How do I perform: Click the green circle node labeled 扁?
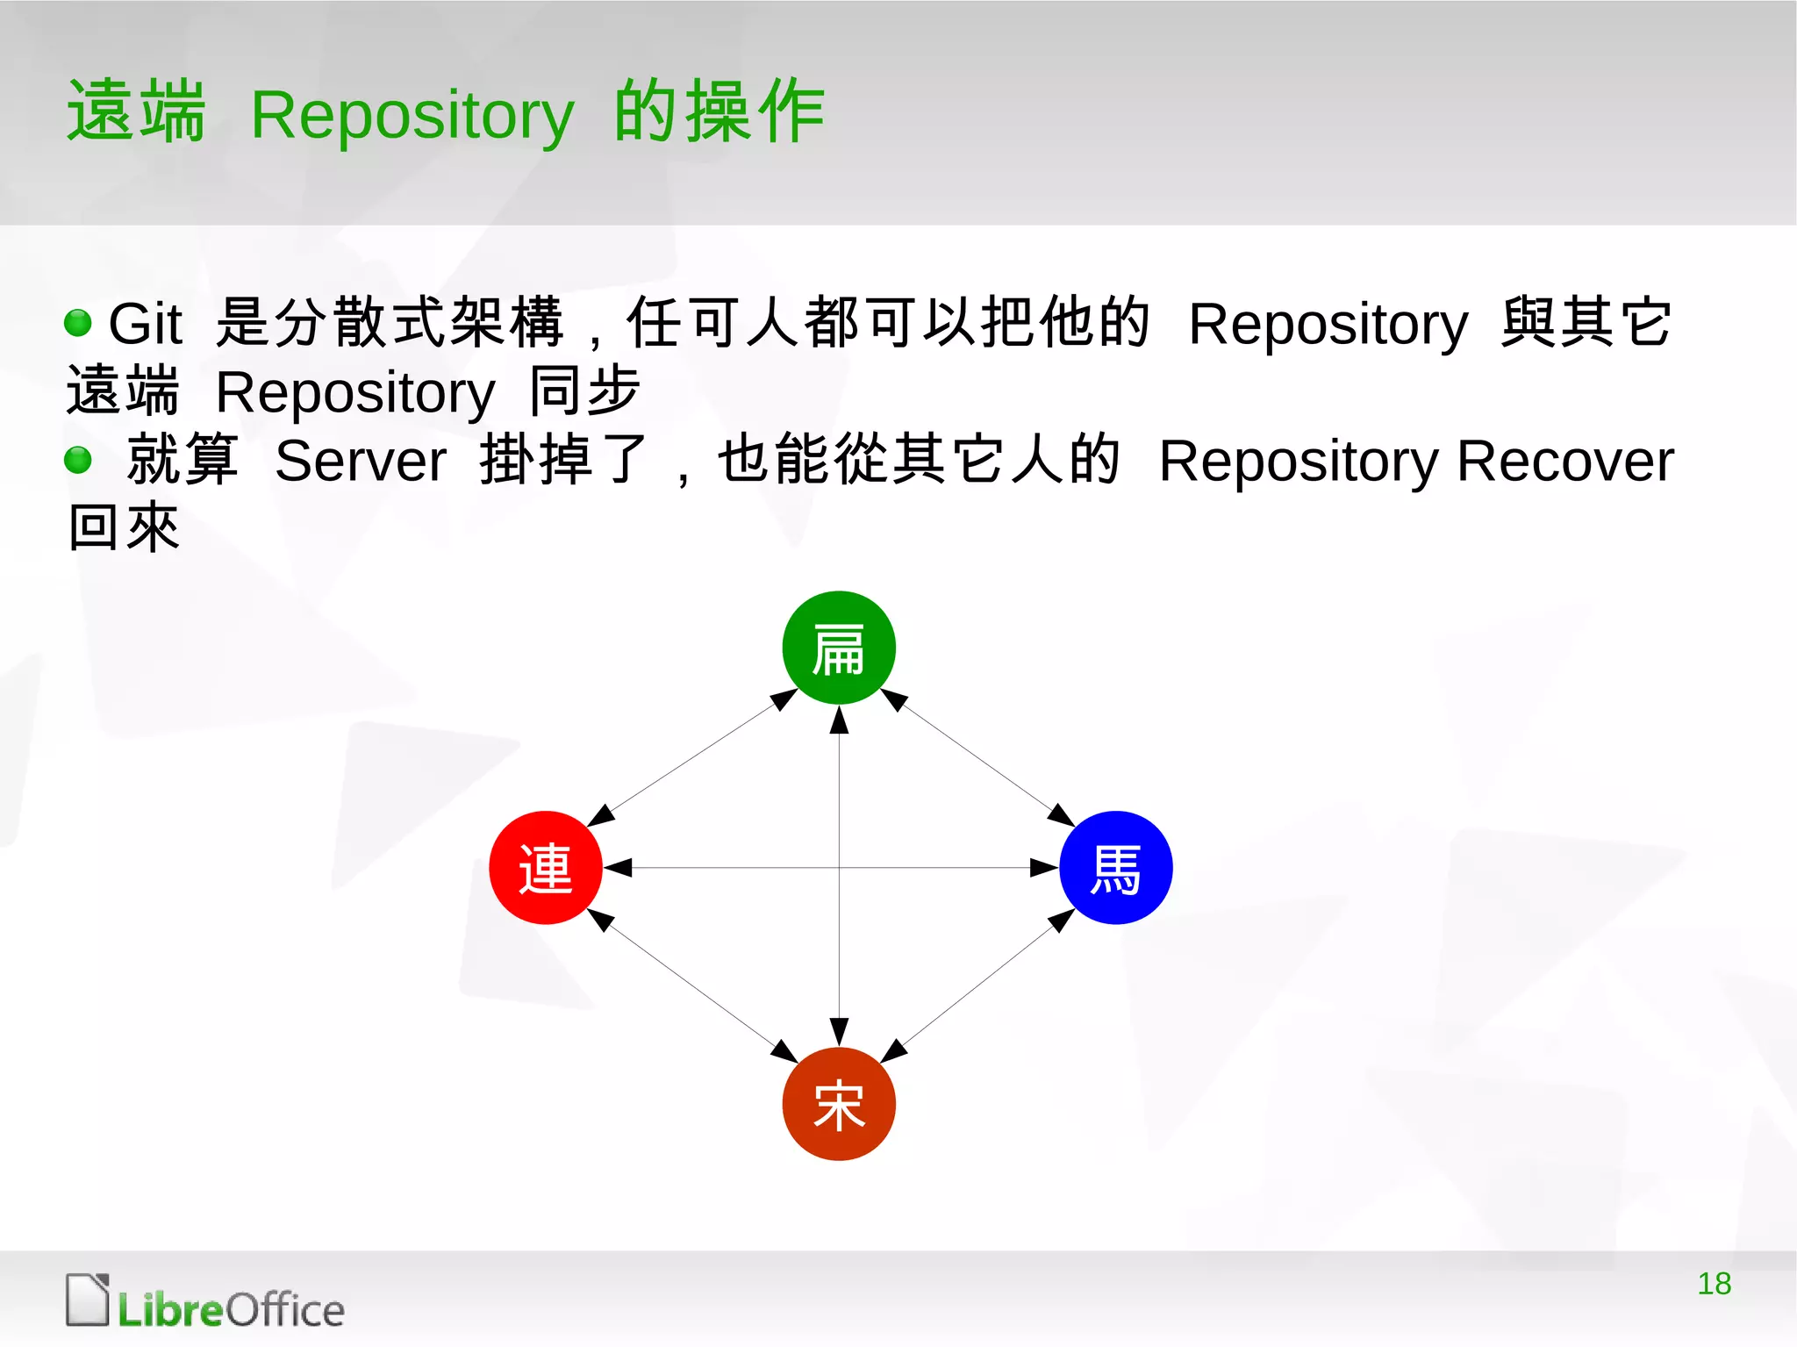839,648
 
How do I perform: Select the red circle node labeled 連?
545,867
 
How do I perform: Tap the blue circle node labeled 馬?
1115,867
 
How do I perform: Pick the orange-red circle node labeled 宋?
839,1103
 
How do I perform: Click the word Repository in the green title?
412,116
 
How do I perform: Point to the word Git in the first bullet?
145,323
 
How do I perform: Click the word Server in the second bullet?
361,461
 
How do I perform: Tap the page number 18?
1714,1283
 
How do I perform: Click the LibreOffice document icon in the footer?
88,1300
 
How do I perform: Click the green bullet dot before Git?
78,322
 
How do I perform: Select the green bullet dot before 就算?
78,460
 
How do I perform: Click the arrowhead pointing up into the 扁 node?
839,720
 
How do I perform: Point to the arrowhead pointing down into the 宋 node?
839,1031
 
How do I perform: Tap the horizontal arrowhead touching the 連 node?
618,867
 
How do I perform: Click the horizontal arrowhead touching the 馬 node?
1043,867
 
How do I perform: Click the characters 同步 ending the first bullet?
584,390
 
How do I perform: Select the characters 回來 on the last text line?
124,528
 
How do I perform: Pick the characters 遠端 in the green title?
136,111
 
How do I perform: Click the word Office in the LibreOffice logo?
285,1310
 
